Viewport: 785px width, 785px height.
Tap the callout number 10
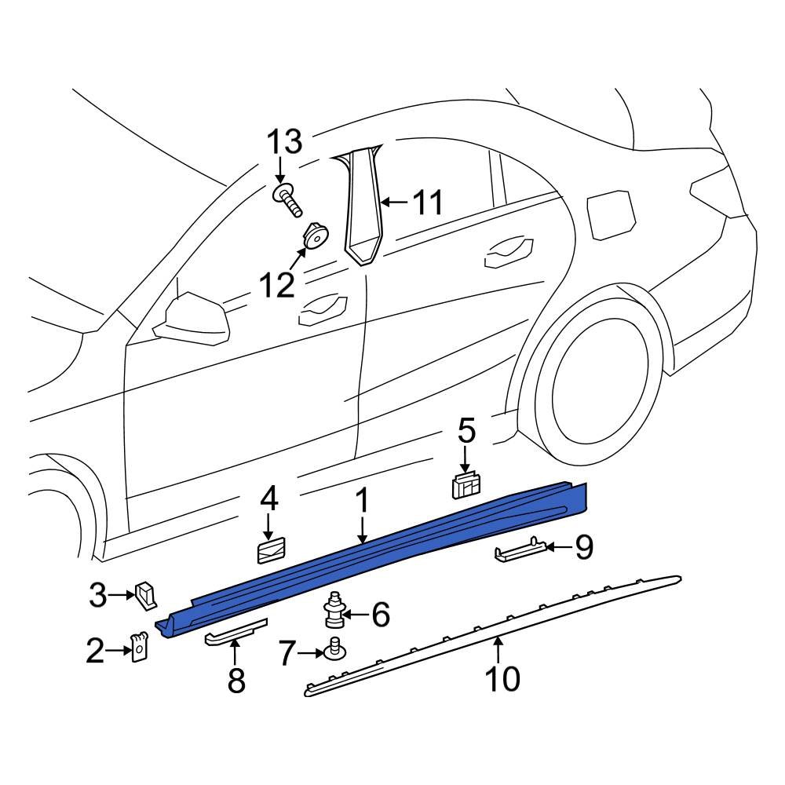(x=502, y=678)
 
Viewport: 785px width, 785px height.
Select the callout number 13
(x=283, y=144)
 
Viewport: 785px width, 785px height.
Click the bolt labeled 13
(x=287, y=199)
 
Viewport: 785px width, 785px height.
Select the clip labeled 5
(x=468, y=486)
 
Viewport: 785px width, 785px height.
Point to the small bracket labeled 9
(x=518, y=553)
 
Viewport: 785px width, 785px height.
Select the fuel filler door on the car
(x=612, y=213)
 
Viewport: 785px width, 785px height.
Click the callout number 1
(x=362, y=502)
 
